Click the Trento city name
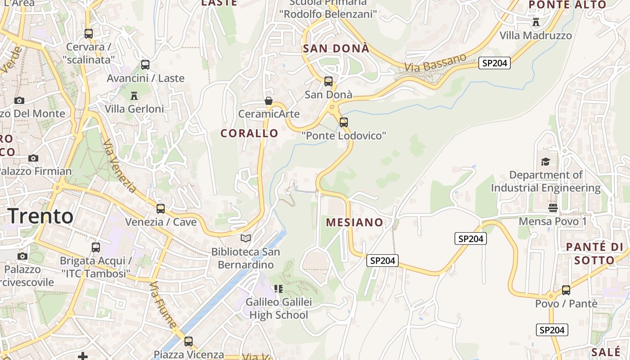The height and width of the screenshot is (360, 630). (41, 216)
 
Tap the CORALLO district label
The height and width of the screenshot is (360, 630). (249, 133)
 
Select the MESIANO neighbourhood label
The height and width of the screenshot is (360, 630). (355, 222)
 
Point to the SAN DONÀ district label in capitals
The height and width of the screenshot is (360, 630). (336, 49)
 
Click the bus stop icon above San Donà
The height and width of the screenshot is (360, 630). (328, 81)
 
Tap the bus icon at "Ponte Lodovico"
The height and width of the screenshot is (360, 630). (344, 122)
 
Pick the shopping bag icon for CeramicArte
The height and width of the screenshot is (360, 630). (269, 100)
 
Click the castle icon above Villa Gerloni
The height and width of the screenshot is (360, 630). (134, 95)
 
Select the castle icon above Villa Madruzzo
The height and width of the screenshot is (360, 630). (535, 22)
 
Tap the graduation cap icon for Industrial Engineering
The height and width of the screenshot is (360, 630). (545, 162)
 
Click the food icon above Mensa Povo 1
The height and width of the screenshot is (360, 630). (553, 207)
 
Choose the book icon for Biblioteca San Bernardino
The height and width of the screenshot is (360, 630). (246, 238)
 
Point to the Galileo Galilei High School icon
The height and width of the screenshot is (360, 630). (279, 288)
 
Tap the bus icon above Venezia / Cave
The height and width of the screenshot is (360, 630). (161, 209)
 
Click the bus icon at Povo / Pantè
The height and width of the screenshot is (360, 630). (566, 290)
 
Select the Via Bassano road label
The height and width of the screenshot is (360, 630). (436, 63)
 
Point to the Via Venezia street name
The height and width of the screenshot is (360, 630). (119, 166)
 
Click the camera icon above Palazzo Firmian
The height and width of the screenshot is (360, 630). (33, 158)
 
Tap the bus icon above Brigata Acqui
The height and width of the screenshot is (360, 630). (96, 247)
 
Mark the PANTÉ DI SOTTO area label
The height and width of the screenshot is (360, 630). (594, 253)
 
